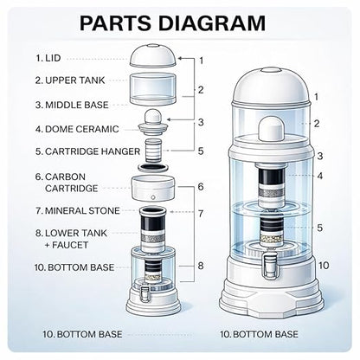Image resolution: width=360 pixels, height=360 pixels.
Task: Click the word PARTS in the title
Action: (115, 22)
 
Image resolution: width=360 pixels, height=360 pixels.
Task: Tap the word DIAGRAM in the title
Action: (212, 22)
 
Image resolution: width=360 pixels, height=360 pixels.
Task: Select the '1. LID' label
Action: (48, 58)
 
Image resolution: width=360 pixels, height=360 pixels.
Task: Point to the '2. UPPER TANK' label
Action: (70, 80)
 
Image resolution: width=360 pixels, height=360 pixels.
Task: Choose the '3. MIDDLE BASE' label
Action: (72, 105)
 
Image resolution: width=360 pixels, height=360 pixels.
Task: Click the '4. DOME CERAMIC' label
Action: (77, 129)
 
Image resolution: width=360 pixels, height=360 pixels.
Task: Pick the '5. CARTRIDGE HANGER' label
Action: (87, 151)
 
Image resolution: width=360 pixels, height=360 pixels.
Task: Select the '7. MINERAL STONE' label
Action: (77, 210)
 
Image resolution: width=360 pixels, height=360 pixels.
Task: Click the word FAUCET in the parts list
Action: (70, 245)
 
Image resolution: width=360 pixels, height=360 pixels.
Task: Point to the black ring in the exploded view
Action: (153, 167)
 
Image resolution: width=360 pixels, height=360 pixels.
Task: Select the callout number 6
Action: (201, 187)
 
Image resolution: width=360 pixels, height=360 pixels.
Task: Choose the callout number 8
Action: (201, 266)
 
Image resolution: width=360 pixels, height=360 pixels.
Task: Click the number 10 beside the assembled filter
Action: (324, 265)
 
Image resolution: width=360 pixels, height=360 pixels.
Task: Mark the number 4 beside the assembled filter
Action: (320, 176)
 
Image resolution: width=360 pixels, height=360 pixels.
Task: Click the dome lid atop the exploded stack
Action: (153, 55)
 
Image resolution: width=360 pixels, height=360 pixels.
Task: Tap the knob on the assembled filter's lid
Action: (270, 70)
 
